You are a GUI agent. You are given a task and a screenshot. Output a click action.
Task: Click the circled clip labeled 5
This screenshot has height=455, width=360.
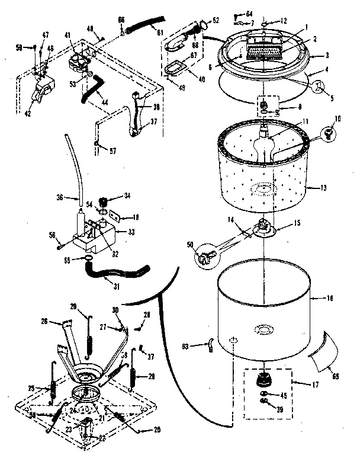[x=320, y=86]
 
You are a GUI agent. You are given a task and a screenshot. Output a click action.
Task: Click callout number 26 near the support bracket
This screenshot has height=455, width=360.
[x=43, y=322]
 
